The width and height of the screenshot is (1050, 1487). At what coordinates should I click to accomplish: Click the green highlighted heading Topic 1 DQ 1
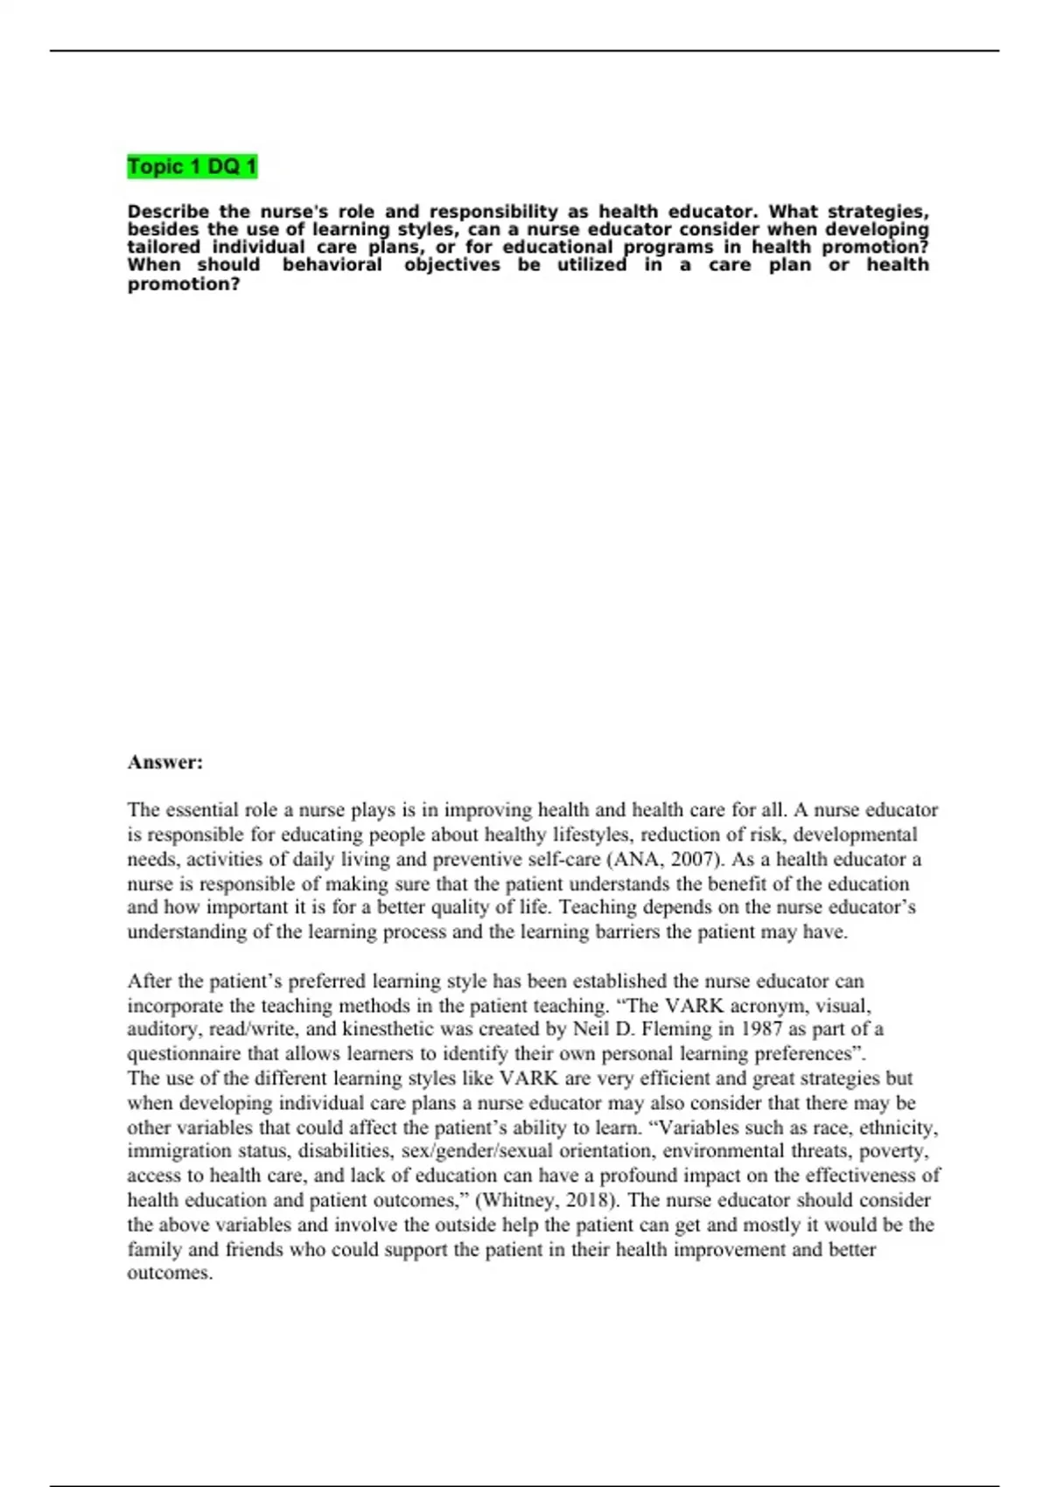192,166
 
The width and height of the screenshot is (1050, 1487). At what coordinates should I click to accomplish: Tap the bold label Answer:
165,762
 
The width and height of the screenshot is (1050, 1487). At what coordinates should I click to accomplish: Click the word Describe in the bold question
168,212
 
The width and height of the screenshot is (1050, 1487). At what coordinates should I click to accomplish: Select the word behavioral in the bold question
332,265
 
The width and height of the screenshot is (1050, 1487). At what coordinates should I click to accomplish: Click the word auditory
161,1029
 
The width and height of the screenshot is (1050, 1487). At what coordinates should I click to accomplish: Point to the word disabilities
346,1151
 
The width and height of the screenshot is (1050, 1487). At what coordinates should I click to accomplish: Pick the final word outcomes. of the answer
170,1274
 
